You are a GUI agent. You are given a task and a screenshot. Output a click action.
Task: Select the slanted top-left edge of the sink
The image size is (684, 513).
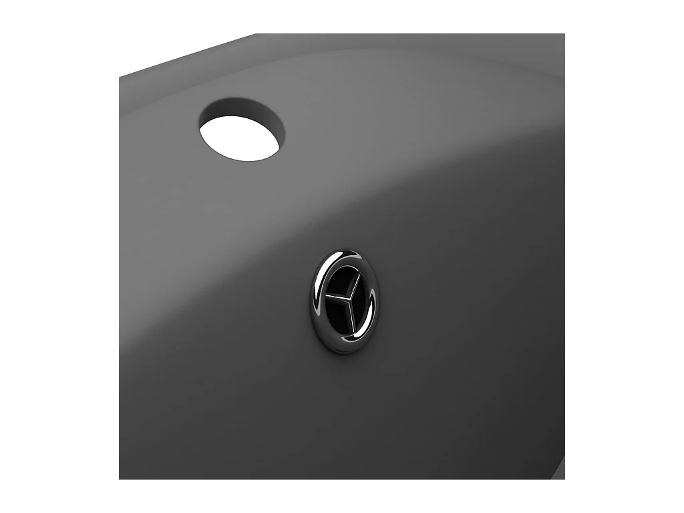pos(187,55)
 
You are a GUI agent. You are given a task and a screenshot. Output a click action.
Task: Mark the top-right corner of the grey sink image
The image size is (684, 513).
pos(564,35)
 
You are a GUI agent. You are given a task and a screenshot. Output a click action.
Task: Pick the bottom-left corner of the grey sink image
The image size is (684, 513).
pos(120,478)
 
